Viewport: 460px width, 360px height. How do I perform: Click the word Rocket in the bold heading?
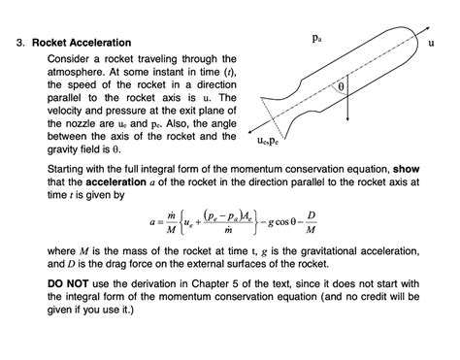(51, 44)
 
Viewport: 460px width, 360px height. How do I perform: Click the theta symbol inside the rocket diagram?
(340, 86)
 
